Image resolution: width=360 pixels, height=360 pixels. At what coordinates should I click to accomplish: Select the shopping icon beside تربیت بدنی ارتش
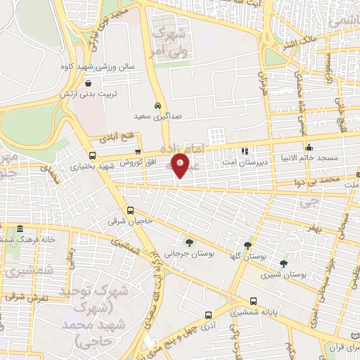click(108, 91)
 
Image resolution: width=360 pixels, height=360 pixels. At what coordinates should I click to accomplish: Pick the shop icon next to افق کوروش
click(138, 151)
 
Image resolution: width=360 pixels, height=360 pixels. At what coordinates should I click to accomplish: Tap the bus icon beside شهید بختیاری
click(92, 156)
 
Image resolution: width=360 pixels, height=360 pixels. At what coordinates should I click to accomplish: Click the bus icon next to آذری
click(207, 315)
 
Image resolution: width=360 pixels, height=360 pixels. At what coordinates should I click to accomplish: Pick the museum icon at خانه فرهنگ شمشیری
click(20, 230)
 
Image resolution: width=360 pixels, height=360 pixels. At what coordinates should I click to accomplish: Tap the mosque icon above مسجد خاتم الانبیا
click(309, 147)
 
